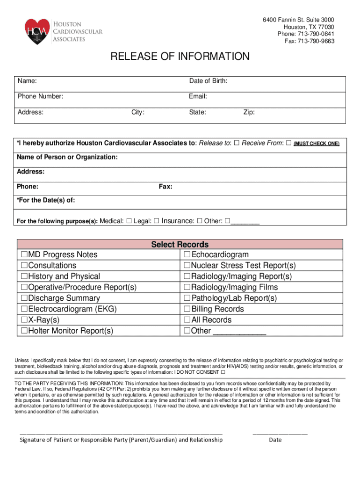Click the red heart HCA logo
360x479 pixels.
pyautogui.click(x=37, y=31)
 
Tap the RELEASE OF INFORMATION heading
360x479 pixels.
pyautogui.click(x=180, y=57)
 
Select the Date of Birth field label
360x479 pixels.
pyautogui.click(x=208, y=81)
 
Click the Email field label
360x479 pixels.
pyautogui.click(x=198, y=97)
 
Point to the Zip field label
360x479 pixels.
pyautogui.click(x=249, y=112)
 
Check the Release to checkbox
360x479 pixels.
pyautogui.click(x=237, y=143)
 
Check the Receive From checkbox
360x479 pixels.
pyautogui.click(x=288, y=143)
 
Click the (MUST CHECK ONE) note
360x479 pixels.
pyautogui.click(x=317, y=144)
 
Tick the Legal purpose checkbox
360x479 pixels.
pyautogui.click(x=157, y=221)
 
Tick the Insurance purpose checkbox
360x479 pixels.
pyautogui.click(x=200, y=221)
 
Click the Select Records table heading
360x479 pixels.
pyautogui.click(x=180, y=245)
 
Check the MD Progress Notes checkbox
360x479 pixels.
pyautogui.click(x=23, y=255)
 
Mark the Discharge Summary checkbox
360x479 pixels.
pyautogui.click(x=23, y=298)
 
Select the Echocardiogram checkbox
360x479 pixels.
pyautogui.click(x=187, y=255)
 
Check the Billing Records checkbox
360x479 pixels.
pyautogui.click(x=187, y=309)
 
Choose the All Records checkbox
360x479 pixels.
pyautogui.click(x=187, y=320)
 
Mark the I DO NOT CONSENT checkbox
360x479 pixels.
pyautogui.click(x=223, y=372)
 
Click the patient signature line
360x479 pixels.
pyautogui.click(x=121, y=434)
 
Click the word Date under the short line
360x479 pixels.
pyautogui.click(x=275, y=440)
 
